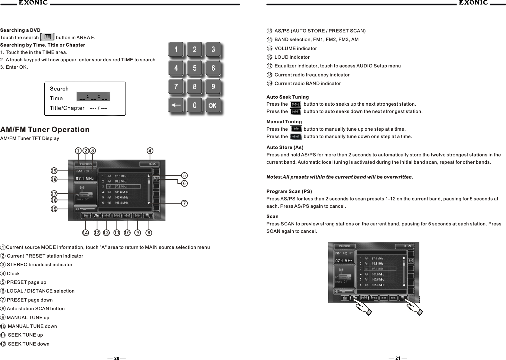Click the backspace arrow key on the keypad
click(176, 105)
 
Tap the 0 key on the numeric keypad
click(194, 105)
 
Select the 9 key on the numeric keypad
click(213, 86)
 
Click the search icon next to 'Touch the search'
click(48, 37)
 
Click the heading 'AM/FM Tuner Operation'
click(45, 129)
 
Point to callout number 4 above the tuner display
click(150, 150)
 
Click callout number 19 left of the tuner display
click(54, 171)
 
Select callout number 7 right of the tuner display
click(184, 203)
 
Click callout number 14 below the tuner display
click(85, 233)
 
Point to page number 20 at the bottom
click(116, 358)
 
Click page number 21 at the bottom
click(398, 358)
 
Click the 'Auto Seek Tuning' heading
click(287, 97)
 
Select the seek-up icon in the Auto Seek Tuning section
click(295, 104)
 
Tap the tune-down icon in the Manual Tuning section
click(296, 137)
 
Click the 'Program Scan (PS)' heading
click(289, 191)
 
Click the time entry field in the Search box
click(93, 97)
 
